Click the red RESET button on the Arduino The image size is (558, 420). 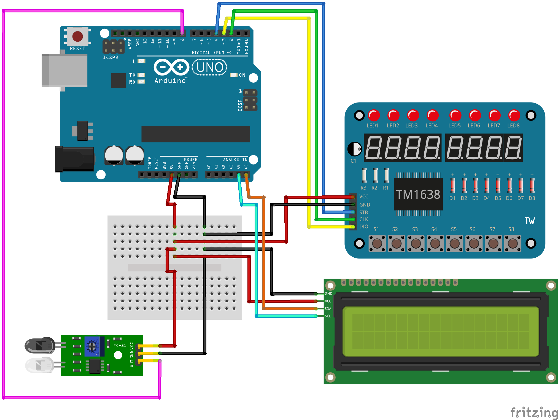coord(77,36)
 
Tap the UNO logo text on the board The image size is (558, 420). coord(210,68)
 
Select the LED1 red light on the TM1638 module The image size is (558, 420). coord(374,115)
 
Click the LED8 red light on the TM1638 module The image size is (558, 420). coord(514,115)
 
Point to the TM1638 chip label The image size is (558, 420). coord(418,195)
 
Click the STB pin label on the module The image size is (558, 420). coord(363,212)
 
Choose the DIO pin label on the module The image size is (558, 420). coord(364,227)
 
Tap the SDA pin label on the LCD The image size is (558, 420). coord(328,309)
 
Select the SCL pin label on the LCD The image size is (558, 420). coord(328,316)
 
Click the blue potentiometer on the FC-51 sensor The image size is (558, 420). coord(92,346)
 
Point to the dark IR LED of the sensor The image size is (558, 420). coord(40,345)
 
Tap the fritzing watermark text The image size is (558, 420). coord(534,413)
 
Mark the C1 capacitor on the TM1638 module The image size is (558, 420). coord(355,149)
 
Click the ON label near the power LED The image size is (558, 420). coord(242,75)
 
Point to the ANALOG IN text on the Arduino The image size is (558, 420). coord(235,160)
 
